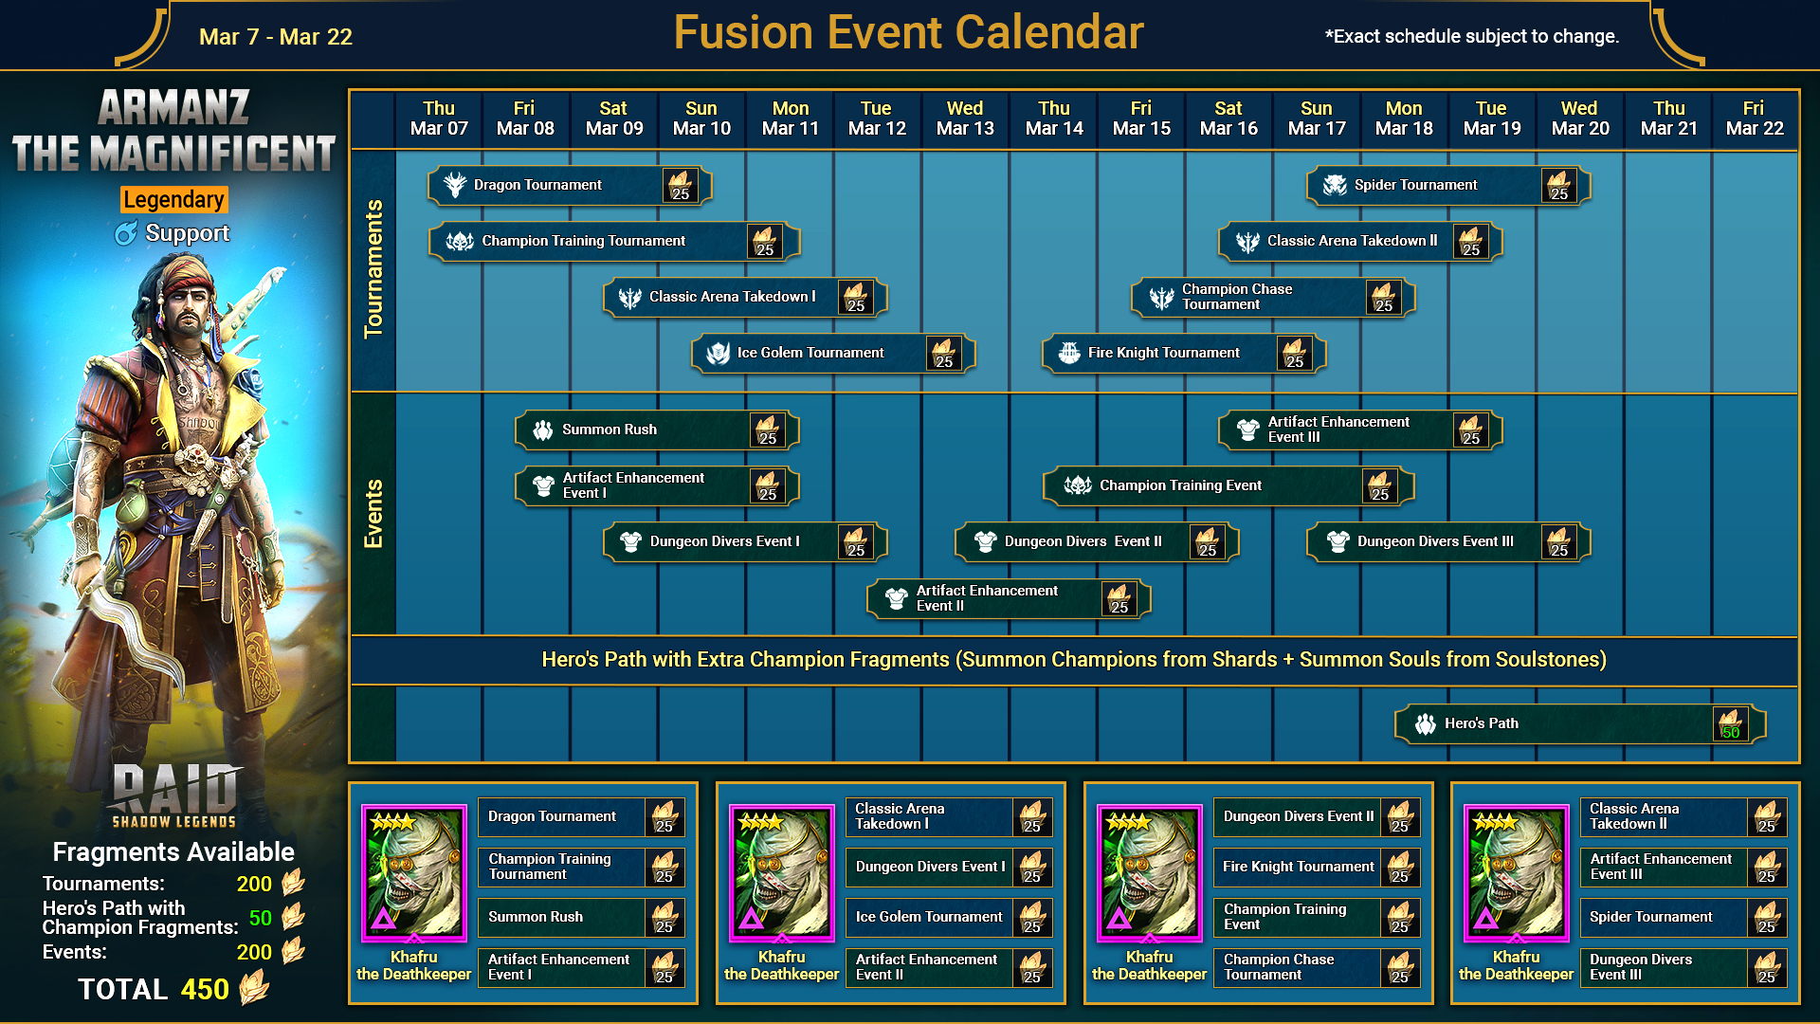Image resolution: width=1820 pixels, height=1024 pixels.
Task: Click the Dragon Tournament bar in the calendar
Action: coord(570,185)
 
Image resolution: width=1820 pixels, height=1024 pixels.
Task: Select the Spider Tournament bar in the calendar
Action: coord(1448,185)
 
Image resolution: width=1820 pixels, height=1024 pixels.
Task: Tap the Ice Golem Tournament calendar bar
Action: coord(833,353)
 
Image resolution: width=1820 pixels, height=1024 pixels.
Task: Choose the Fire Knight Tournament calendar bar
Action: coord(1184,353)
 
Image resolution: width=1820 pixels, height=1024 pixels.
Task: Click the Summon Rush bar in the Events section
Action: coord(657,430)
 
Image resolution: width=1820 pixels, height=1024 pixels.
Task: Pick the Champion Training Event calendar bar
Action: coord(1228,485)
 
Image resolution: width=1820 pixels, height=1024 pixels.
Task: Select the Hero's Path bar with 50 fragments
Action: coord(1580,723)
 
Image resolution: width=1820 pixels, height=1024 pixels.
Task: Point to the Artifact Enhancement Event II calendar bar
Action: coord(1009,598)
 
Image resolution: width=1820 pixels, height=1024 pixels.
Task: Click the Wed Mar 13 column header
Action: coord(965,119)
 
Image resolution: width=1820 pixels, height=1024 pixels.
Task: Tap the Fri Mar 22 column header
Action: coord(1755,119)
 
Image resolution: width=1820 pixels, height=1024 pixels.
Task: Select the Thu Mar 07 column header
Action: coord(439,119)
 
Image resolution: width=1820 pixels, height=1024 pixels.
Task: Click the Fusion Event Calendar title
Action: coord(908,33)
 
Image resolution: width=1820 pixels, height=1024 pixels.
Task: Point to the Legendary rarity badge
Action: coord(174,199)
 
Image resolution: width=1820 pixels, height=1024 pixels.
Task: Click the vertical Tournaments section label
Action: coord(373,269)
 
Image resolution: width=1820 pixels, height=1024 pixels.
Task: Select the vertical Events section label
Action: coord(373,514)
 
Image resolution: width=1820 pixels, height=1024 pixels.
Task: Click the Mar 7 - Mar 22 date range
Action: coord(276,37)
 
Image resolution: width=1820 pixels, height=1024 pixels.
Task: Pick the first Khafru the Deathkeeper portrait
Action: coord(414,872)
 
